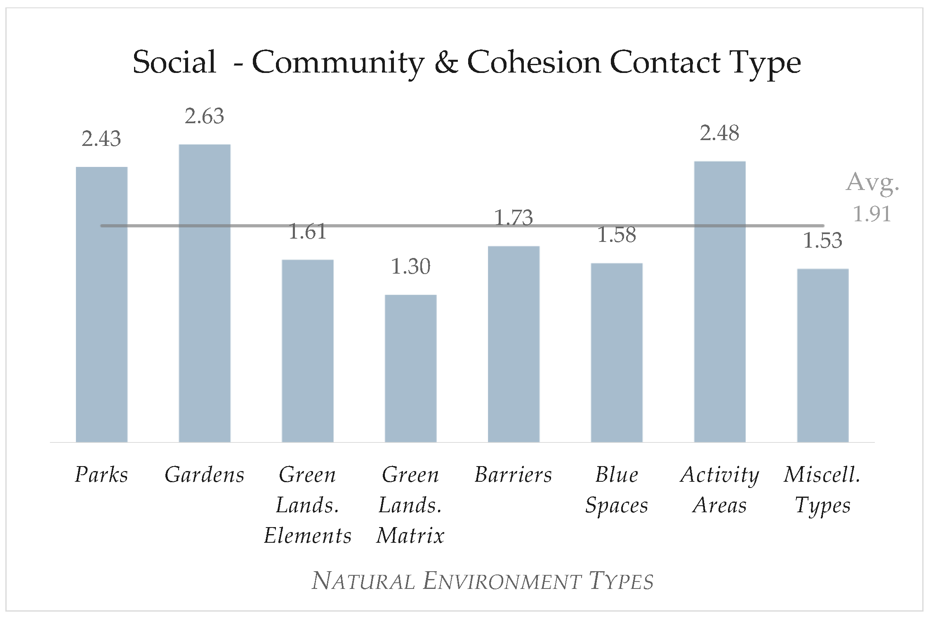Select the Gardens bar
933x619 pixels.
click(205, 293)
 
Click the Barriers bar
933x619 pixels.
click(514, 344)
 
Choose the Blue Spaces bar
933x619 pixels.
click(617, 352)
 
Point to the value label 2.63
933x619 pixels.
click(204, 116)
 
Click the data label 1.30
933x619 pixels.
click(410, 267)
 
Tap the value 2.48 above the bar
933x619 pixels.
click(719, 133)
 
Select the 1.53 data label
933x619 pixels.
click(822, 241)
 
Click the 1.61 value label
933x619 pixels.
click(307, 232)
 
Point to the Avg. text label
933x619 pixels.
click(872, 182)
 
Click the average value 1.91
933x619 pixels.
click(872, 214)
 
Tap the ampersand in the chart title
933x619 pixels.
click(446, 63)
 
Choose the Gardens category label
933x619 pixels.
click(205, 475)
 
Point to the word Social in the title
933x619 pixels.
click(174, 63)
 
